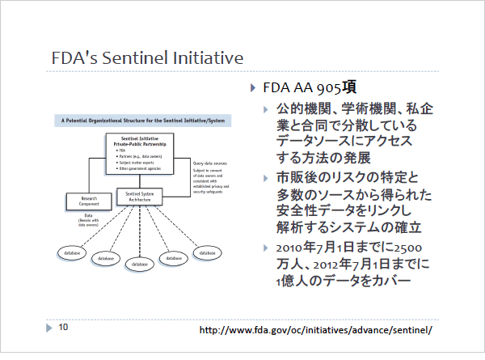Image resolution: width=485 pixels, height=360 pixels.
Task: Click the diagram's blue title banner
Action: tap(142, 120)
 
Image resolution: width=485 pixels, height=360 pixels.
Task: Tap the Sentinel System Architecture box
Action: tap(140, 196)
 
